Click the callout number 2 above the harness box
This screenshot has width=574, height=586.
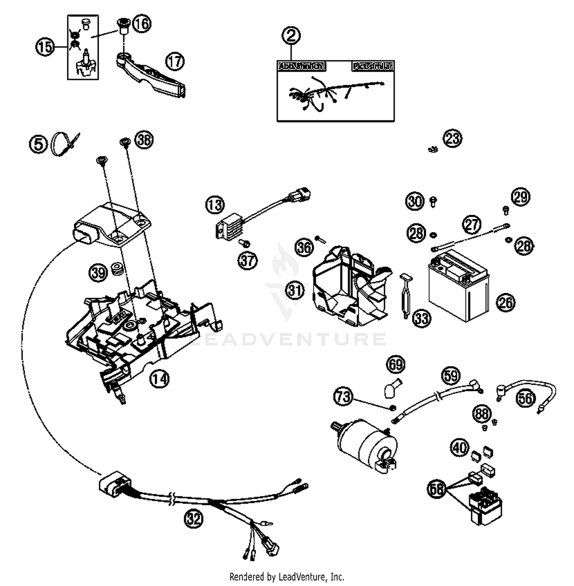click(x=291, y=36)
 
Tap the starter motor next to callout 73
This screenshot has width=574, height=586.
click(x=365, y=443)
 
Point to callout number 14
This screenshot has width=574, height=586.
click(x=159, y=378)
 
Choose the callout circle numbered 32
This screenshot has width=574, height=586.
click(x=194, y=519)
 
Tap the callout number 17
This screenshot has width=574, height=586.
click(x=175, y=61)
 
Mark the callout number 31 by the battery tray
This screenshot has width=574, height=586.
click(x=294, y=291)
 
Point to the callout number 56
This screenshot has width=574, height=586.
click(x=525, y=398)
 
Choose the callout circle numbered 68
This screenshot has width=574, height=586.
click(x=437, y=489)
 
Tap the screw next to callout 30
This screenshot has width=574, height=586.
click(x=433, y=201)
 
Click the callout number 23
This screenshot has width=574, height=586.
click(x=453, y=138)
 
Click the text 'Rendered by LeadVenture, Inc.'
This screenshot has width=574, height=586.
click(x=287, y=576)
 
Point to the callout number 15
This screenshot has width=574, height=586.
click(x=45, y=47)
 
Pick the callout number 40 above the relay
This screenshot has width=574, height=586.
click(x=460, y=447)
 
